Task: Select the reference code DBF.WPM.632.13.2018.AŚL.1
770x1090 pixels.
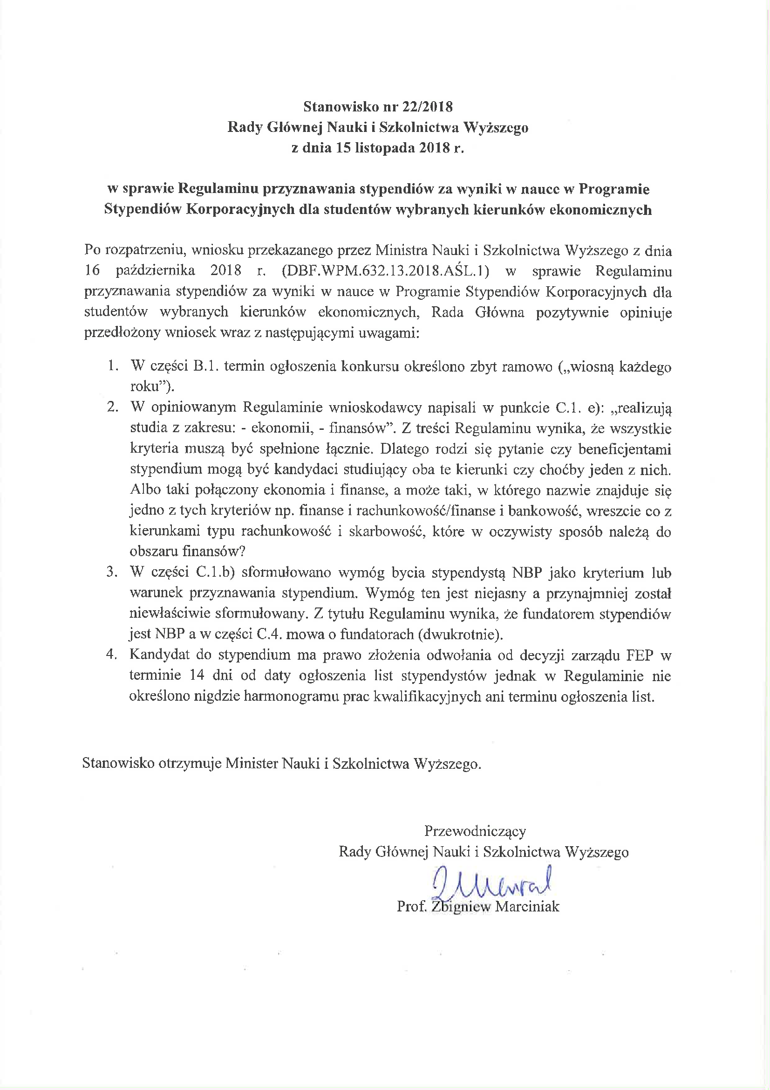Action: pyautogui.click(x=385, y=271)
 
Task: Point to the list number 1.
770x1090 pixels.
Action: pyautogui.click(x=112, y=366)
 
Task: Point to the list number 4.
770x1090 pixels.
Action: pyautogui.click(x=111, y=655)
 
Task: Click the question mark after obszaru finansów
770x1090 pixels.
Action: pyautogui.click(x=242, y=552)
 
